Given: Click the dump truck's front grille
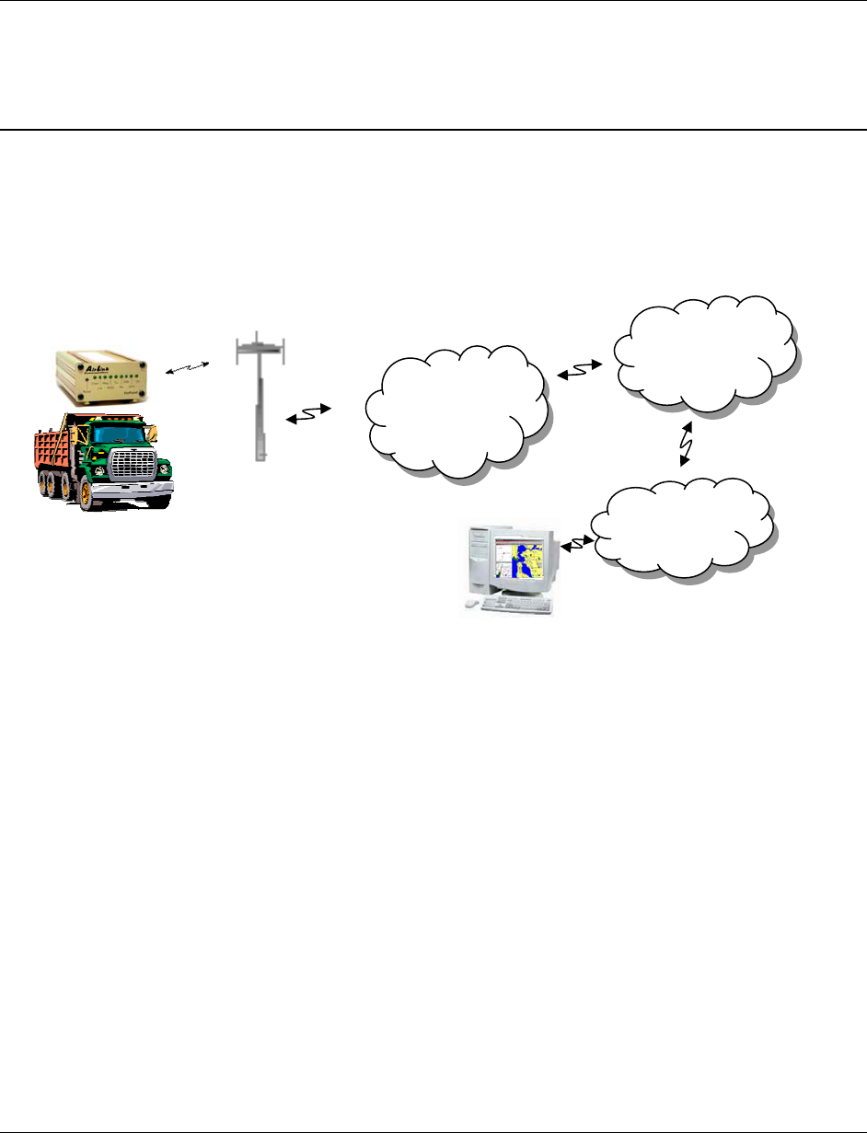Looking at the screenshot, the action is coord(131,466).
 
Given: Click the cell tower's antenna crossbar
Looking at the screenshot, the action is coord(261,347).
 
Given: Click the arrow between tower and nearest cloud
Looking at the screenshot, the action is coord(308,416).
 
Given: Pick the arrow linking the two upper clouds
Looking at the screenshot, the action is coord(580,370).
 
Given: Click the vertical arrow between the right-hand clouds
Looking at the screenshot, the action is coord(687,445).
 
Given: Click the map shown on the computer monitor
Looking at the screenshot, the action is coord(519,561).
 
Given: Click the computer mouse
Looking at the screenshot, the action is coord(472,603).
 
